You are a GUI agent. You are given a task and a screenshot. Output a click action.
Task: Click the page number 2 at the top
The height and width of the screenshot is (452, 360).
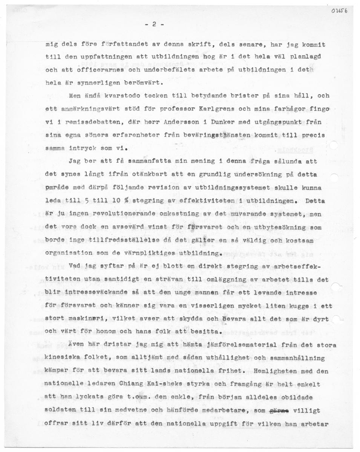pyautogui.click(x=154, y=24)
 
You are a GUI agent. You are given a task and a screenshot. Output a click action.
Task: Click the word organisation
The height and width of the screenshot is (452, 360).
pyautogui.click(x=67, y=253)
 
